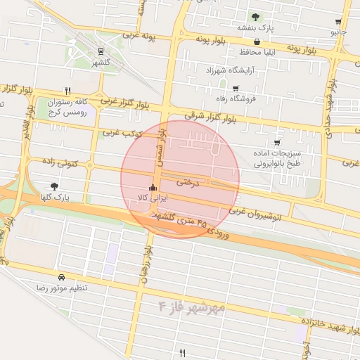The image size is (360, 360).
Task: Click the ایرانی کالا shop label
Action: pos(152,198)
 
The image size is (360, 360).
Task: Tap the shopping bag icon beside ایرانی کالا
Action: pos(153,187)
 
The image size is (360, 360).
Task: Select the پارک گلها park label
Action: pos(55,198)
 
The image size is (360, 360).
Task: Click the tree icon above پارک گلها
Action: pos(55,186)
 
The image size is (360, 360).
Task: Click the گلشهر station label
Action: pos(101,63)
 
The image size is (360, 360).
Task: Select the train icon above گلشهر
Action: pos(101,51)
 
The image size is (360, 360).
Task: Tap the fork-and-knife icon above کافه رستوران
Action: pos(67,91)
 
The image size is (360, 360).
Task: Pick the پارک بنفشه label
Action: pos(254,27)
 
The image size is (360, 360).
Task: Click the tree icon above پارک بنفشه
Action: pos(255,16)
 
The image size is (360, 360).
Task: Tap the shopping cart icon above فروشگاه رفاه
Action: pos(236,88)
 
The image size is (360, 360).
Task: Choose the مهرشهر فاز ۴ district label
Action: pos(192,307)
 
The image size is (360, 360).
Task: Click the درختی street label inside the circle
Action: pos(188,181)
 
